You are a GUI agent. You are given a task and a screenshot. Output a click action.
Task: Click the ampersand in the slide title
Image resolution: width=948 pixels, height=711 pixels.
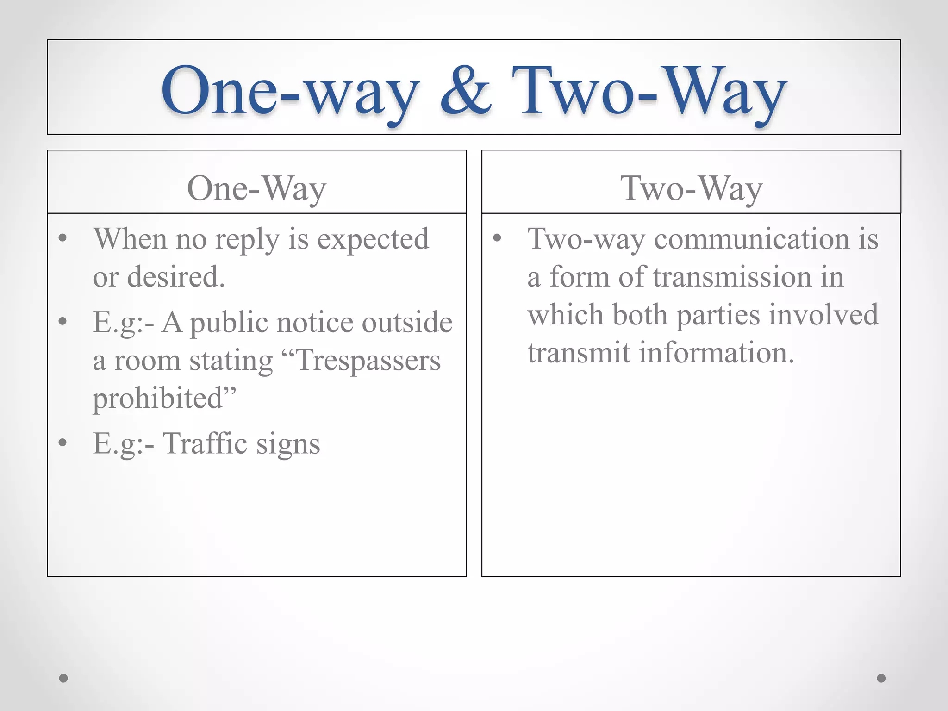point(465,90)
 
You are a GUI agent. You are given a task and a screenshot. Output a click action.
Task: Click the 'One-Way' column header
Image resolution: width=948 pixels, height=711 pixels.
point(256,188)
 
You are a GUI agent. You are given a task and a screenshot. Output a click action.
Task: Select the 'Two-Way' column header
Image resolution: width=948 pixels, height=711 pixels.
point(691,188)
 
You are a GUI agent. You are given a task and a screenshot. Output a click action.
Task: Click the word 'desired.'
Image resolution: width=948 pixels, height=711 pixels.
point(176,277)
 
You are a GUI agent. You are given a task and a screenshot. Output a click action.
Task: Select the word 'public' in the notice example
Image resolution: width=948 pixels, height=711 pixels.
point(229,323)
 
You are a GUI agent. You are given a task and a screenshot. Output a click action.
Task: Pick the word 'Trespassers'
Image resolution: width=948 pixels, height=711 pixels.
point(368,361)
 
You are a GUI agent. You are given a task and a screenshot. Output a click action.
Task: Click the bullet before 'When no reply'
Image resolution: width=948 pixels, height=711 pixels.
point(63,239)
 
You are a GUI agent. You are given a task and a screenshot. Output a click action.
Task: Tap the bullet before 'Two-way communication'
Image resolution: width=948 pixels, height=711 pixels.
point(497,239)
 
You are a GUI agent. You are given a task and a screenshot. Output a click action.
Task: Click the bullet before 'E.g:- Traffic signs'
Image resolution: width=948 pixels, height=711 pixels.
point(63,443)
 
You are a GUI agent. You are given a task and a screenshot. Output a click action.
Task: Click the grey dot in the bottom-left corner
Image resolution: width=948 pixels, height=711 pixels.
point(63,678)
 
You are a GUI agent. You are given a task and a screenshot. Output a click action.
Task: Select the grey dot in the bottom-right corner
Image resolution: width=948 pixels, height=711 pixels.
point(881,678)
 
